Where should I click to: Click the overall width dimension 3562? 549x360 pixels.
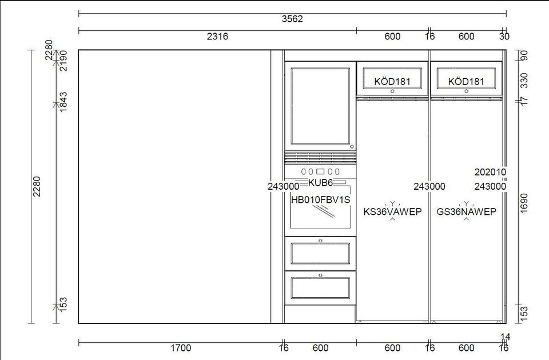click(292, 19)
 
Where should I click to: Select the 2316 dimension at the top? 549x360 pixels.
click(217, 37)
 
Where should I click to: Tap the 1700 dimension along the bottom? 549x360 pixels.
click(181, 348)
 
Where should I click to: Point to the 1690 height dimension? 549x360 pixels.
click(524, 202)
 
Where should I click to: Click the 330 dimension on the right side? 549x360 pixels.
click(524, 81)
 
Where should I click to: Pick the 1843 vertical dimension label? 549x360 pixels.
click(63, 102)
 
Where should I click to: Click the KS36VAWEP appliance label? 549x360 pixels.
click(392, 211)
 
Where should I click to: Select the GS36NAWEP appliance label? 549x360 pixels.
click(467, 211)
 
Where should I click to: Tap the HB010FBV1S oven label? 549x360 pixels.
click(321, 200)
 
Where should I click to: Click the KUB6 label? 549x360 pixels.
click(320, 182)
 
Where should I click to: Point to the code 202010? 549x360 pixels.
click(490, 172)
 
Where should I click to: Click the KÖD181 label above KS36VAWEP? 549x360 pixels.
click(392, 82)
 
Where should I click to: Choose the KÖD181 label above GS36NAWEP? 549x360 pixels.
click(466, 82)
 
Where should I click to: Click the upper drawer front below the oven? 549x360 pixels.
click(320, 253)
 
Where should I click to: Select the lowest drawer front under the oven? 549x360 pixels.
click(320, 287)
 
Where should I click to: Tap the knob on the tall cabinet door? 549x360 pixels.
click(352, 147)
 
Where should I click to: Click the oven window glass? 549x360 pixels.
click(320, 210)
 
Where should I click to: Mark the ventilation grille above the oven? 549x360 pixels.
click(320, 158)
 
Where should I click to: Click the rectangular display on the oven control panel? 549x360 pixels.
click(320, 171)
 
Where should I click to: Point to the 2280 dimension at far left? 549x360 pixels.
click(37, 186)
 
